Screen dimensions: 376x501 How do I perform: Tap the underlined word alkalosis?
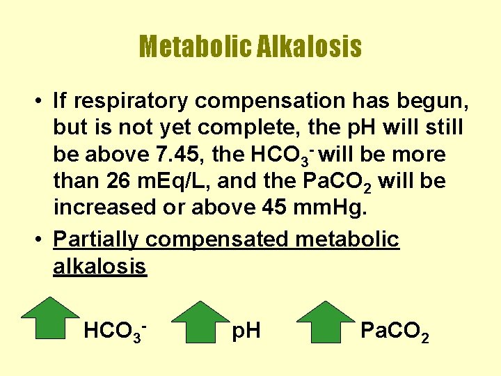pyautogui.click(x=100, y=266)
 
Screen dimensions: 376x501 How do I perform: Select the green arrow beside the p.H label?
pyautogui.click(x=200, y=322)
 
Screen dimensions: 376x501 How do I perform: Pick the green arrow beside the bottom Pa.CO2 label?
pyautogui.click(x=326, y=322)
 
